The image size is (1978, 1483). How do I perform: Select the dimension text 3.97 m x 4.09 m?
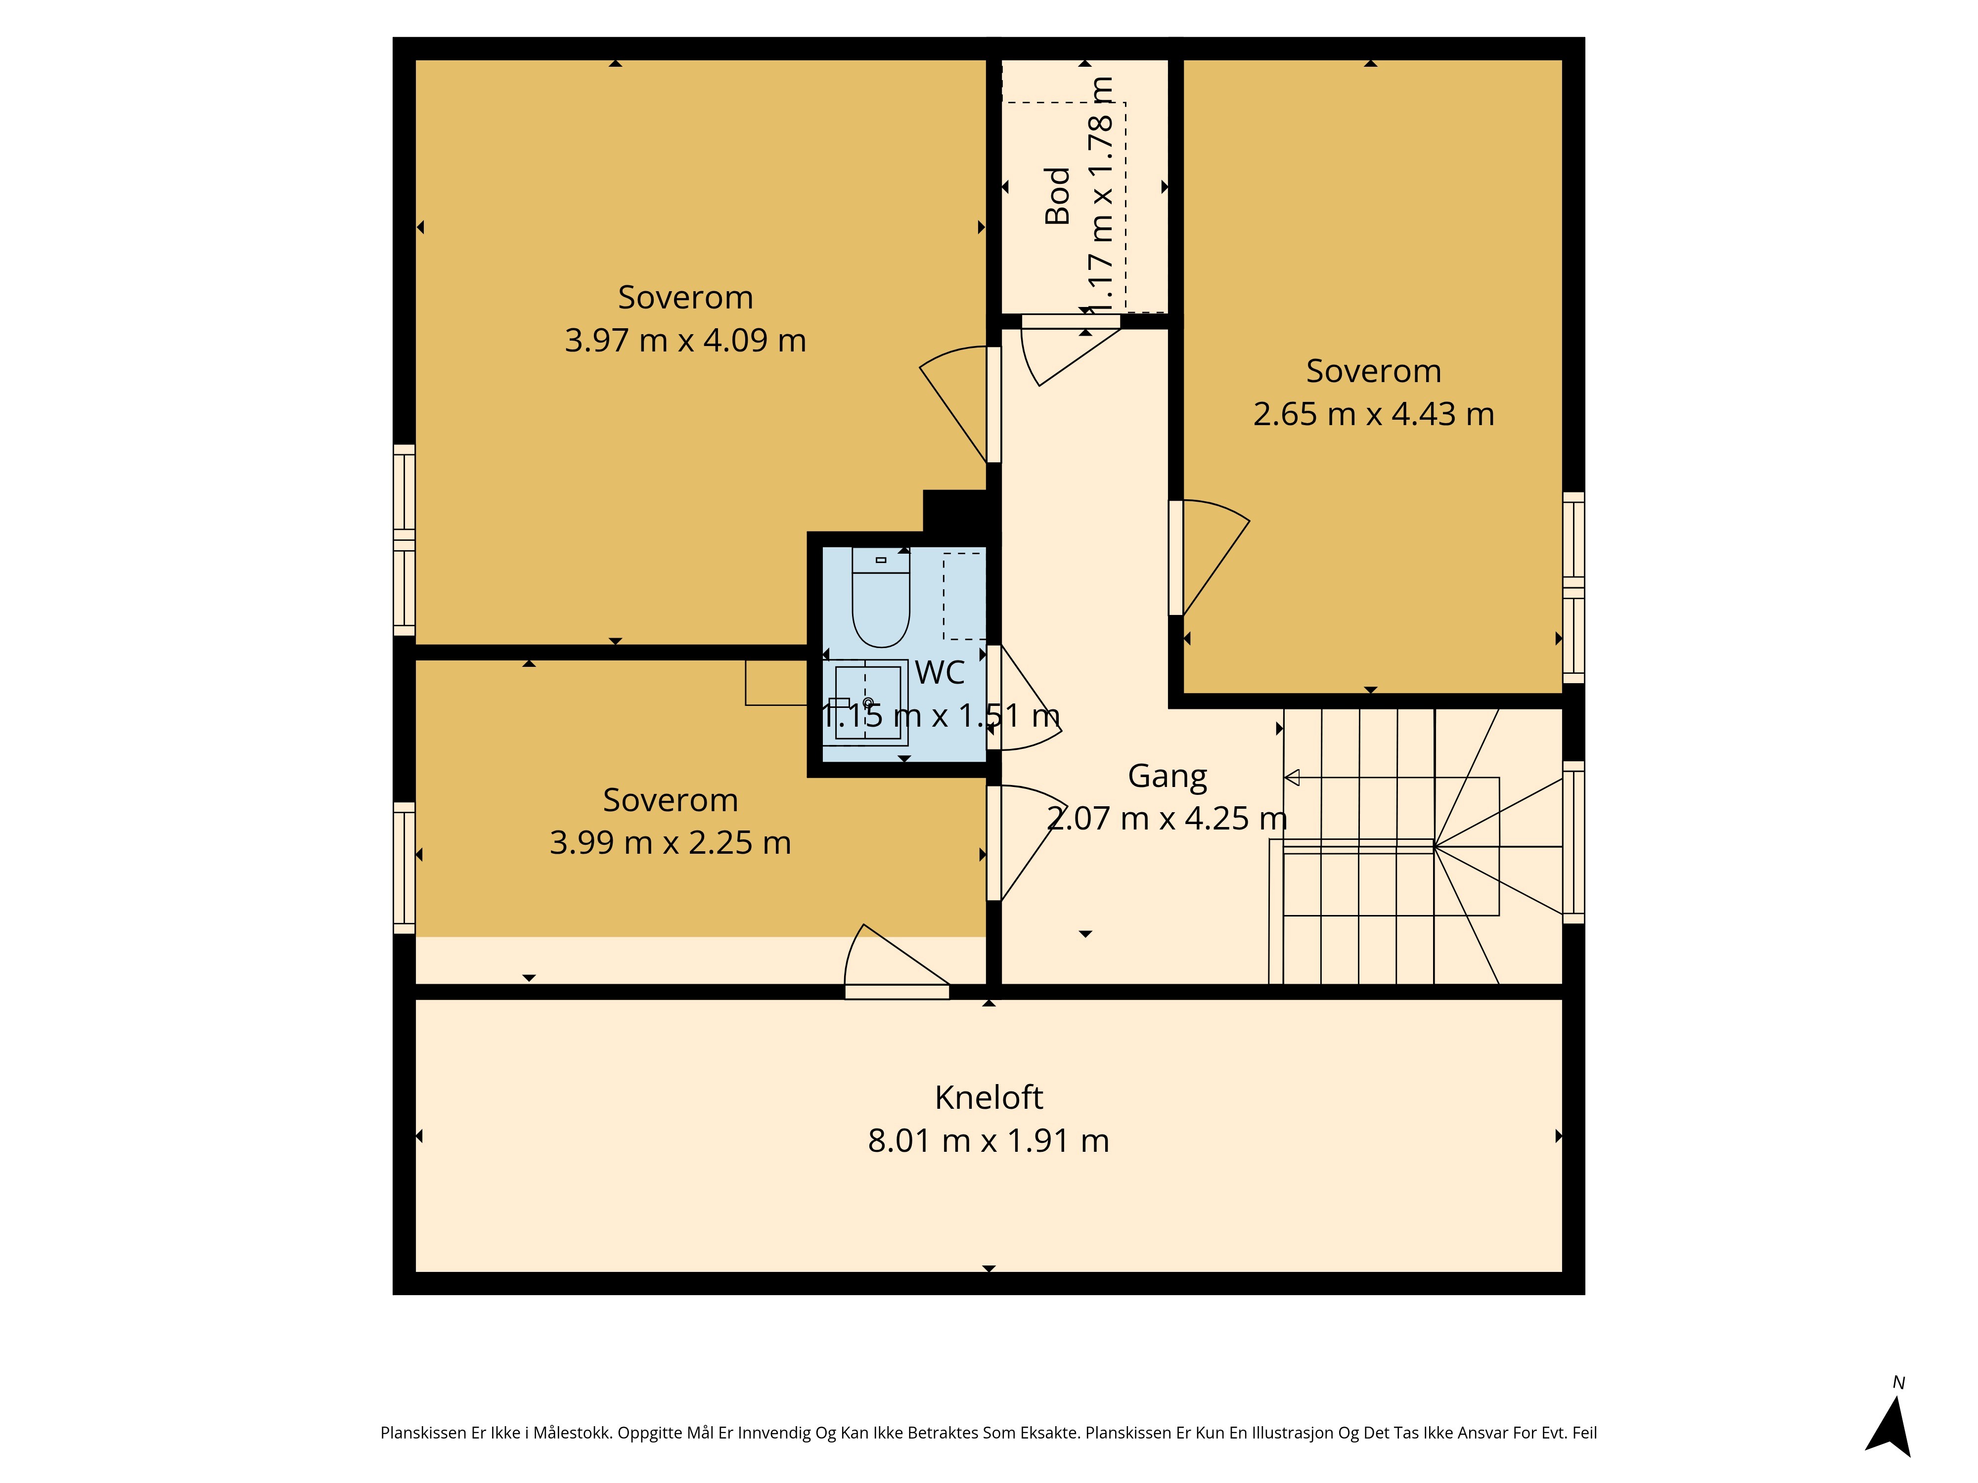pyautogui.click(x=686, y=341)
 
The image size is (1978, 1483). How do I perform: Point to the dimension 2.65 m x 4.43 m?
pyautogui.click(x=1374, y=414)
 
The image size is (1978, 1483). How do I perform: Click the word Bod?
pyautogui.click(x=1058, y=196)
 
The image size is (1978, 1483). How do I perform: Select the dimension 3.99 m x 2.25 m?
pyautogui.click(x=671, y=843)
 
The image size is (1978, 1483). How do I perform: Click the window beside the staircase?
pyautogui.click(x=1574, y=842)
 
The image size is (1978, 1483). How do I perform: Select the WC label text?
pyautogui.click(x=940, y=672)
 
